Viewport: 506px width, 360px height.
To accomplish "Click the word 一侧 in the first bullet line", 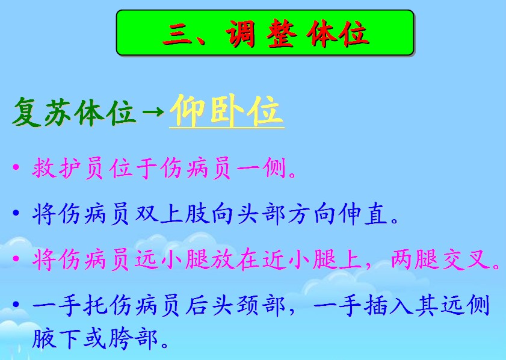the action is (261, 168).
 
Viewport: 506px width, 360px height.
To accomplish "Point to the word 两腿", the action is (415, 259).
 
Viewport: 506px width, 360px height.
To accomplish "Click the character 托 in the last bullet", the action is (95, 305).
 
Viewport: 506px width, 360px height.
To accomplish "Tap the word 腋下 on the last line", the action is (55, 338).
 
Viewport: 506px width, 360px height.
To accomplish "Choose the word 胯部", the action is (133, 338).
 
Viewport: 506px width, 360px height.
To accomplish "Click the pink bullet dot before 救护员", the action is (16, 167).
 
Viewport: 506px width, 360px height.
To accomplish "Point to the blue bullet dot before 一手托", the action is (16, 305).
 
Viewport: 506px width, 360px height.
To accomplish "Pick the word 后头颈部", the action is (236, 305).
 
